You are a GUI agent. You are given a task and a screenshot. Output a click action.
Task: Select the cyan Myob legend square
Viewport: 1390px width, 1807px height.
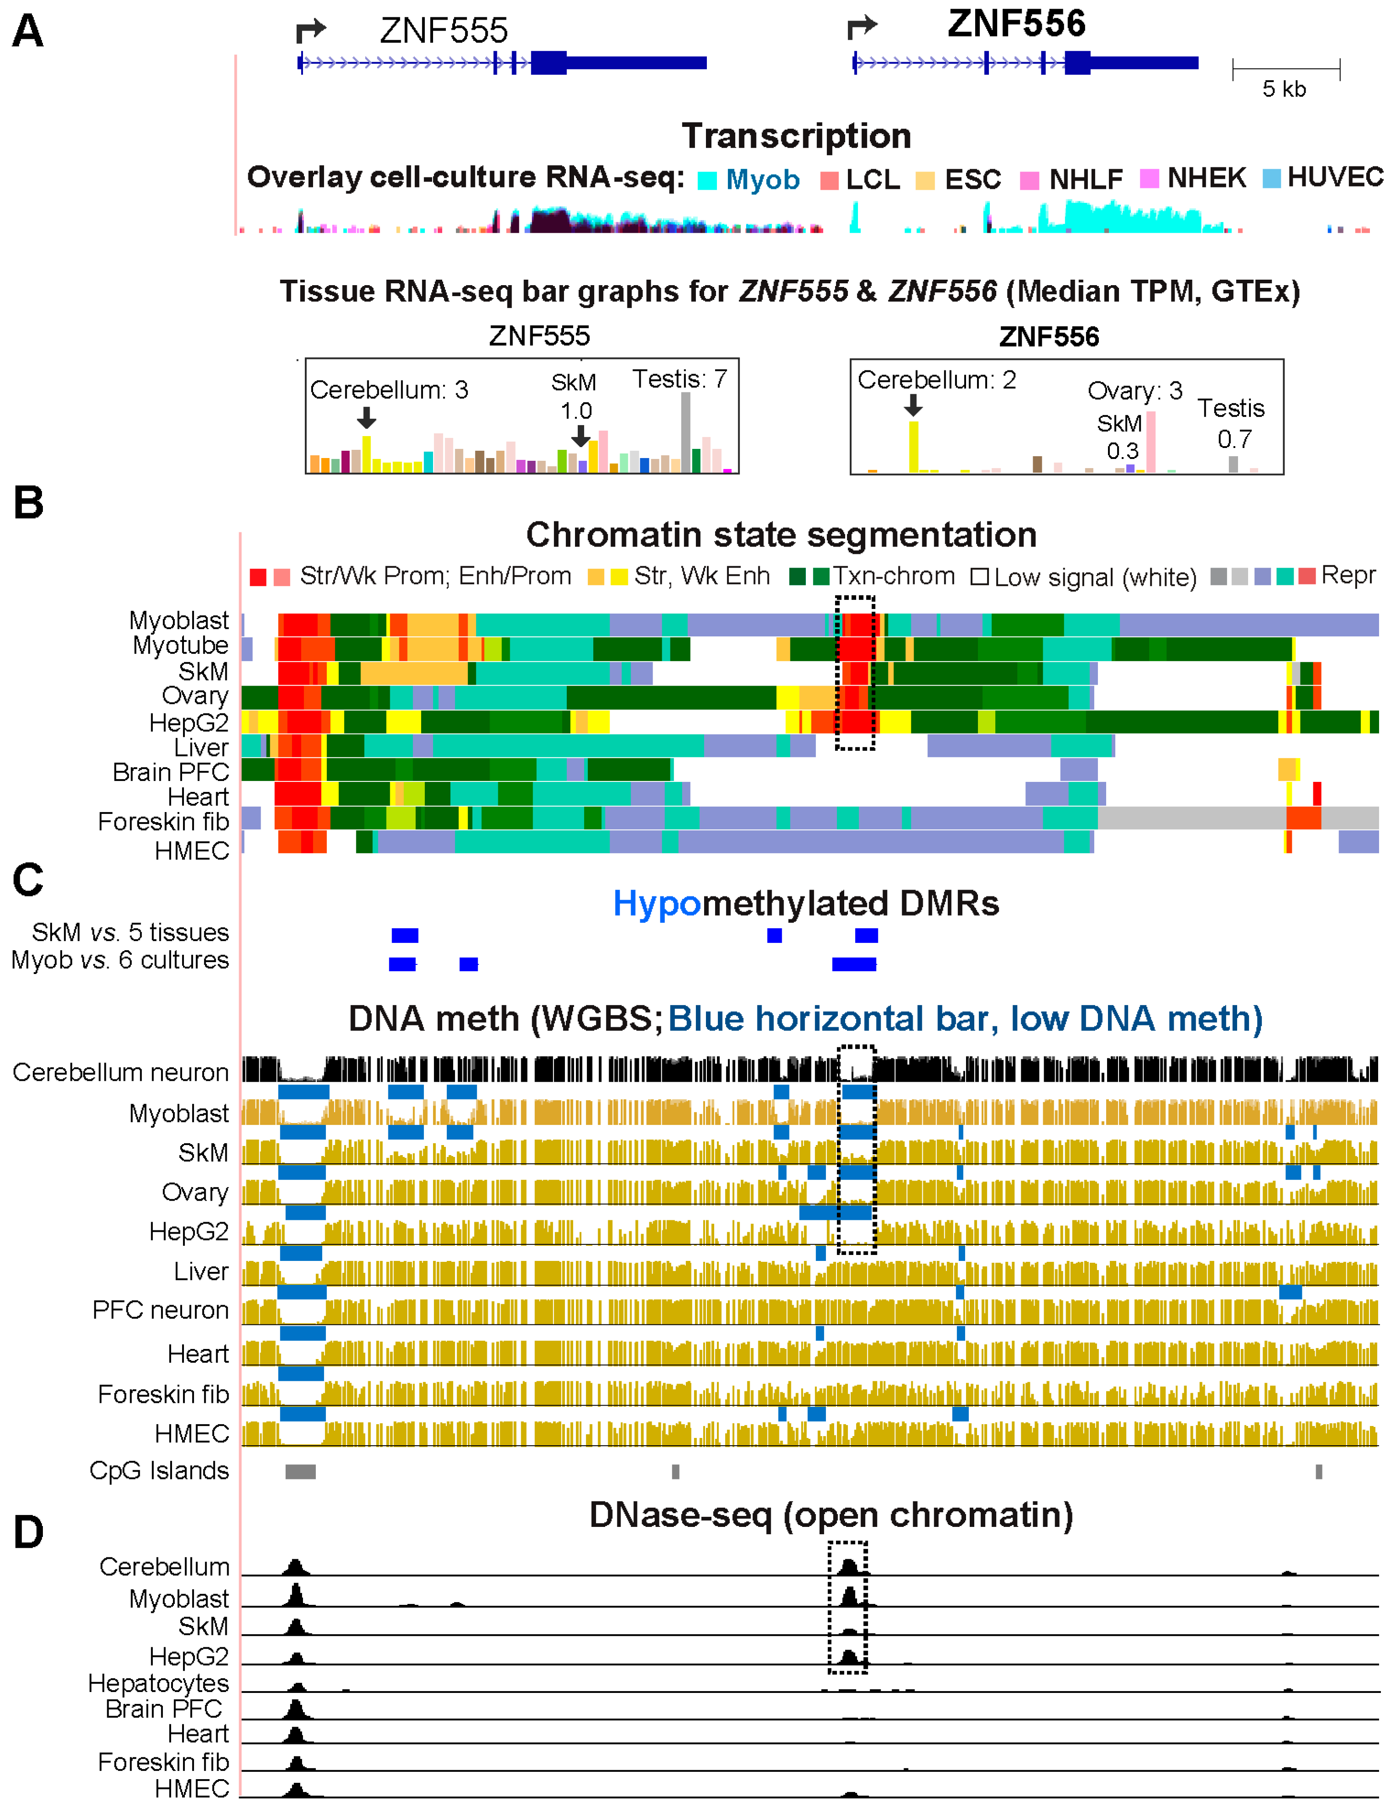pyautogui.click(x=706, y=180)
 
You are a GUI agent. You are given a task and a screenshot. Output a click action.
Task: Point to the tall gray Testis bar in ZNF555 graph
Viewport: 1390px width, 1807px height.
pyautogui.click(x=685, y=432)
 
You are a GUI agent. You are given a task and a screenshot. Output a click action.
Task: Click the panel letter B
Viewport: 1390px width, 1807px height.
pyautogui.click(x=28, y=503)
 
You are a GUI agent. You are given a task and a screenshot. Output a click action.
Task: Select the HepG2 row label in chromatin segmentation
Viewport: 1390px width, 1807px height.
pyautogui.click(x=188, y=722)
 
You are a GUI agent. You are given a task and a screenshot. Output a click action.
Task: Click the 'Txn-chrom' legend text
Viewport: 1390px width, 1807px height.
pyautogui.click(x=894, y=576)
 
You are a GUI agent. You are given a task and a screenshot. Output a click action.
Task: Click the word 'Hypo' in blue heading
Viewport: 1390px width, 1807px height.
pyautogui.click(x=657, y=903)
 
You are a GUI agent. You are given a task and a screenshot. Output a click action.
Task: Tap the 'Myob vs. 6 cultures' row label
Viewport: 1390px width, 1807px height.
pyautogui.click(x=120, y=960)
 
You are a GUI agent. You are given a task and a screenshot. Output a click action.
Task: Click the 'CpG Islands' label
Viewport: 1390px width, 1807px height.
pyautogui.click(x=159, y=1470)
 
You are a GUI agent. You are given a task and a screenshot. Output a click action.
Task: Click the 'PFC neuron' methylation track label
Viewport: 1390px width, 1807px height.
pyautogui.click(x=161, y=1310)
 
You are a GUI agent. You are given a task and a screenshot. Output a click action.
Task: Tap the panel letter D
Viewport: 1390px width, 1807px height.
pyautogui.click(x=28, y=1532)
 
